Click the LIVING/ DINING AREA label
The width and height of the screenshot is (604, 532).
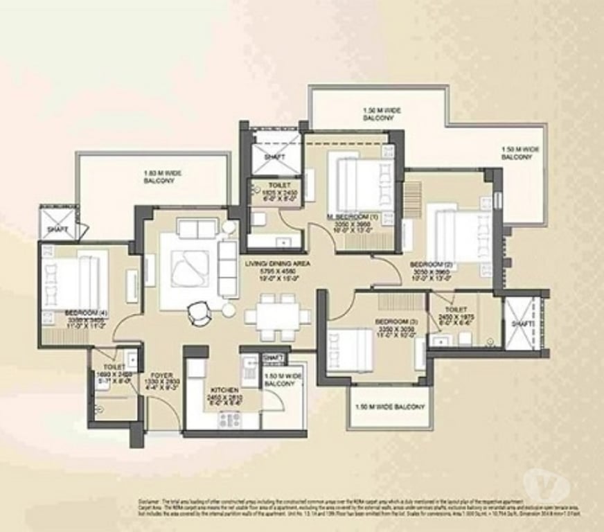pyautogui.click(x=276, y=264)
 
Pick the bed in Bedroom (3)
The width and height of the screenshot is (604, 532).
pyautogui.click(x=350, y=351)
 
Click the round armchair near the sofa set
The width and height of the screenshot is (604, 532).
pyautogui.click(x=197, y=313)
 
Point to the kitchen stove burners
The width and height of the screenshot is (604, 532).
pyautogui.click(x=229, y=419)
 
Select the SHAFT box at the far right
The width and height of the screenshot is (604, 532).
pyautogui.click(x=524, y=323)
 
